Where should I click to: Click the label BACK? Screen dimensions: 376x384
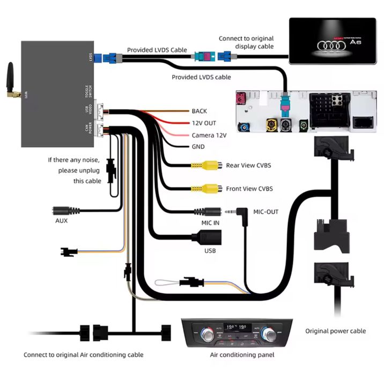199,111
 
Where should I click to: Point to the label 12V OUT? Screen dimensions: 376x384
204,123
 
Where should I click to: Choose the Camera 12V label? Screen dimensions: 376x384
209,135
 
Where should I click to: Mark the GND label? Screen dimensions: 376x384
198,147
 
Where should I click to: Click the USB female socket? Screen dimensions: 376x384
206,237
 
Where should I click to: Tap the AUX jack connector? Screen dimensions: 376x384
67,211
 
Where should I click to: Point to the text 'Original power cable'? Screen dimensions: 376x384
335,331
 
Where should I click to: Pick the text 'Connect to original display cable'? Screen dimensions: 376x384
246,42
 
